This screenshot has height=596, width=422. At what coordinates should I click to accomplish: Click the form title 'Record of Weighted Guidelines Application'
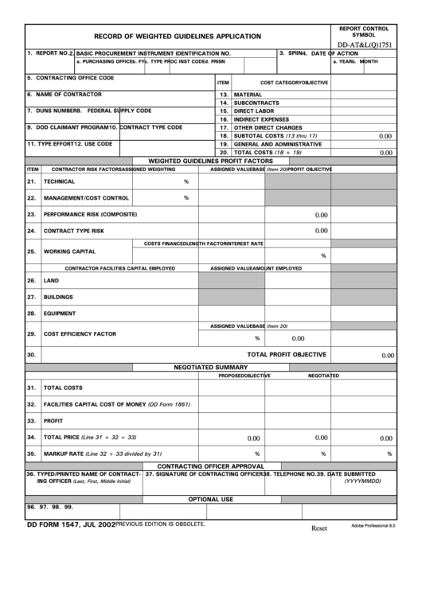coord(178,37)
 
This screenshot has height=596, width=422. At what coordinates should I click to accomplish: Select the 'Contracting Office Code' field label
coord(70,78)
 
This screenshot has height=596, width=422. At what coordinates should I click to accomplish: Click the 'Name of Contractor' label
coord(64,94)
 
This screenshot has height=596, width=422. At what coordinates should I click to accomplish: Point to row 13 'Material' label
coord(248,95)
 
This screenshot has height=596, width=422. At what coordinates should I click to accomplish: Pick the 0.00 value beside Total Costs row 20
coord(385,153)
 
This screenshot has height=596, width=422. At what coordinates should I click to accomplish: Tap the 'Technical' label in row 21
coord(59,181)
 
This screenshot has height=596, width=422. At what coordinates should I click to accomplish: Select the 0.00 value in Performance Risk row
coord(321,215)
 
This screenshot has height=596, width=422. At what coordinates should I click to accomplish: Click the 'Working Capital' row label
coord(69,251)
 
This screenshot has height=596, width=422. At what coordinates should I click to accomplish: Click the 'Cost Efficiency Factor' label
coord(80,334)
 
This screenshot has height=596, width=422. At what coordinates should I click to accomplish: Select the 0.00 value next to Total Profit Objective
coord(387,356)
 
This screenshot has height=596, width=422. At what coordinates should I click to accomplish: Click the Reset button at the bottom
coord(318,528)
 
